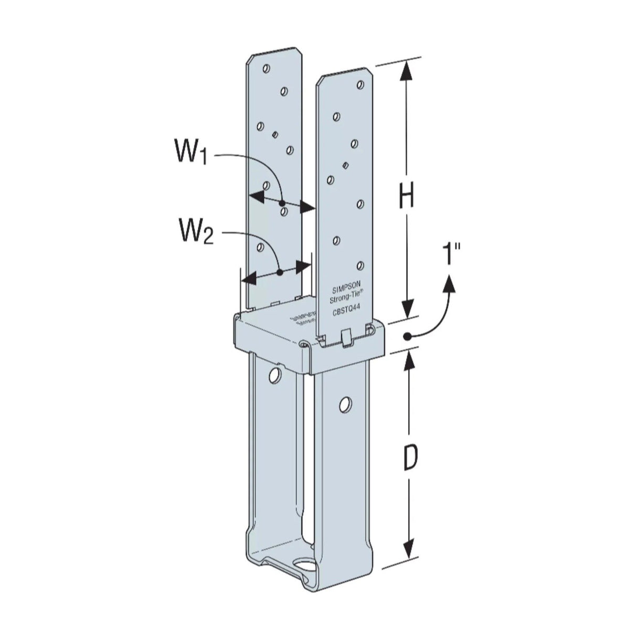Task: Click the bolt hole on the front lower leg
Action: pyautogui.click(x=345, y=404)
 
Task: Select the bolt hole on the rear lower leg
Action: pyautogui.click(x=274, y=374)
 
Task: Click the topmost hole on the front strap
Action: pyautogui.click(x=336, y=115)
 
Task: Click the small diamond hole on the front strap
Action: pyautogui.click(x=344, y=166)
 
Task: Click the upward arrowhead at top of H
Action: pyautogui.click(x=405, y=71)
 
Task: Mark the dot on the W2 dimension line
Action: pyautogui.click(x=280, y=272)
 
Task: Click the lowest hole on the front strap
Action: pyautogui.click(x=360, y=266)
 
